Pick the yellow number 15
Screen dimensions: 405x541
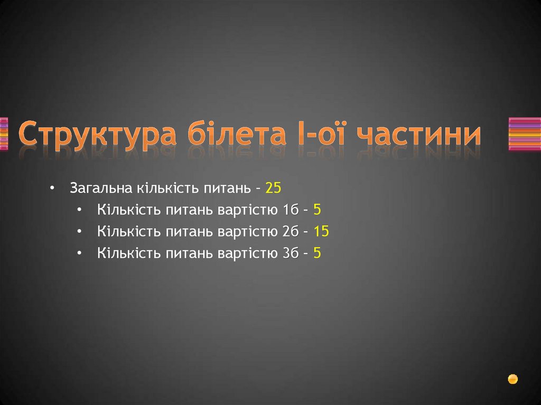click(x=321, y=231)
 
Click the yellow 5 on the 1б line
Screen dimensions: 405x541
click(x=317, y=210)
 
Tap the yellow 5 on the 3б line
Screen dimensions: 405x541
click(x=317, y=253)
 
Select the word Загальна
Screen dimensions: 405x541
click(x=101, y=188)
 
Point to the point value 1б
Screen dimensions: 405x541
click(x=290, y=210)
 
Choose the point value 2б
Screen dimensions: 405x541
click(x=290, y=231)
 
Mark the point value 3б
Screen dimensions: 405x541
click(x=290, y=253)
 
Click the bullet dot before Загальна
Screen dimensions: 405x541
click(x=52, y=189)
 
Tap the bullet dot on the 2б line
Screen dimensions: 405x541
click(x=79, y=232)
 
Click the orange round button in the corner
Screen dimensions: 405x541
click(x=512, y=379)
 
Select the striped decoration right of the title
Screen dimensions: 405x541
click(x=524, y=134)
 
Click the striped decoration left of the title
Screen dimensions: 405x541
click(x=4, y=134)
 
